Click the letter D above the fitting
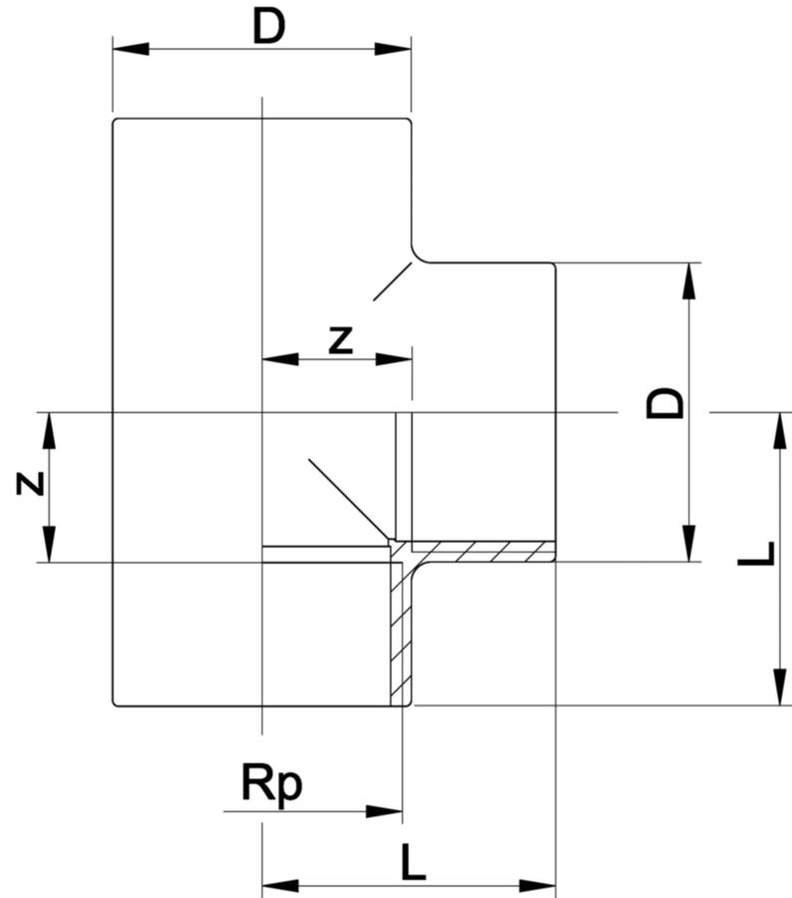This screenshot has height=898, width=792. [x=268, y=27]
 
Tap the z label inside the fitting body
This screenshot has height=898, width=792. [x=341, y=340]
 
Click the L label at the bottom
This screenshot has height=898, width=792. [x=412, y=862]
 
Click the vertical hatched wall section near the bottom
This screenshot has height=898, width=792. [x=401, y=639]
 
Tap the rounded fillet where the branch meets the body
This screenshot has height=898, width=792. [x=417, y=255]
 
